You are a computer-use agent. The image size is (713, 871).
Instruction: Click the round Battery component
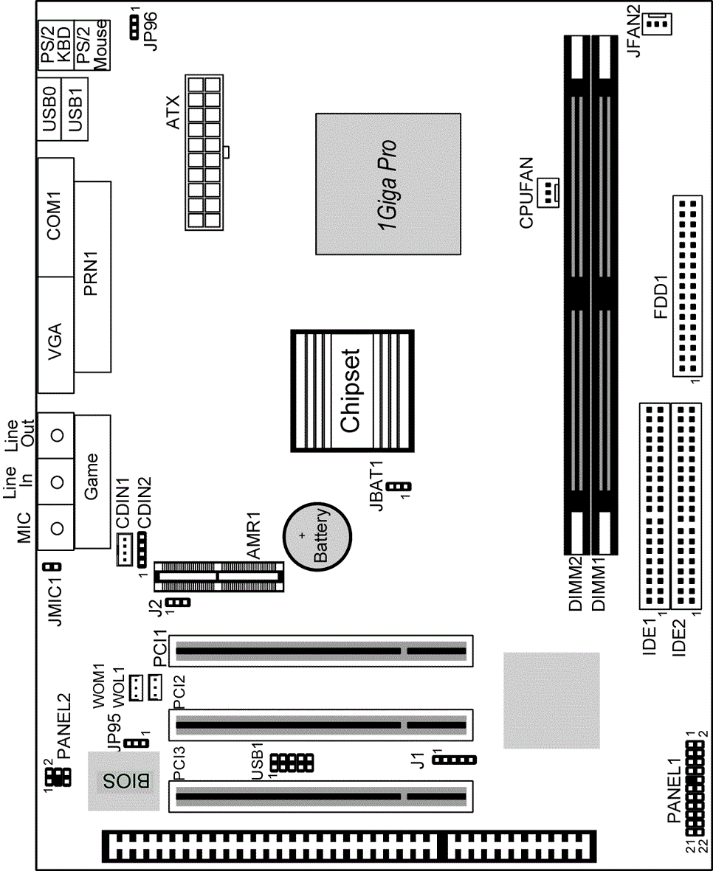[317, 536]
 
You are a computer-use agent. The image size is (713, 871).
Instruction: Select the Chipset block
[352, 390]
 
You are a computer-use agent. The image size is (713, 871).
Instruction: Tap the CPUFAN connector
[550, 192]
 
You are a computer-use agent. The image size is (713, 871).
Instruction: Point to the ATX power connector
[204, 152]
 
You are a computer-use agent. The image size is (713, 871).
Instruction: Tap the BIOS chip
[123, 781]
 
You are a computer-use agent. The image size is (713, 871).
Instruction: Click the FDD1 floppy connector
[685, 286]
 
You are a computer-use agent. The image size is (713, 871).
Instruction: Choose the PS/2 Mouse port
[92, 46]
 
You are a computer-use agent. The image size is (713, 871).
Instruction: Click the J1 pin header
[455, 760]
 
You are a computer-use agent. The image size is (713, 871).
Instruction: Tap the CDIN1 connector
[124, 550]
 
